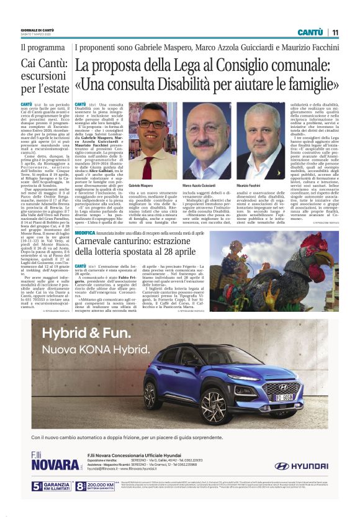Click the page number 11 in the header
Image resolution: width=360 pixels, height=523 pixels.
(335, 32)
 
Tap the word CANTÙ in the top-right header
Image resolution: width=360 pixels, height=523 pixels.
(310, 32)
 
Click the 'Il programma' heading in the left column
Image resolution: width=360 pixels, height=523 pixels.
(42, 47)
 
